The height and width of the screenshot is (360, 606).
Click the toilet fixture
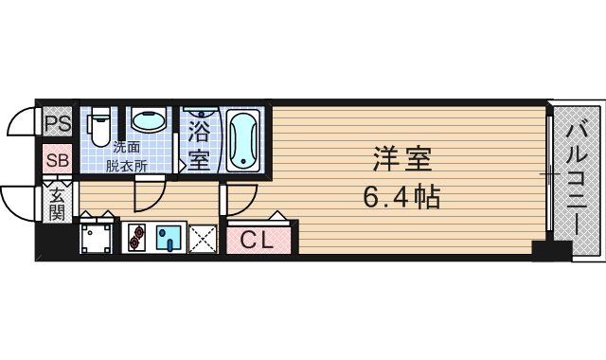coord(98,125)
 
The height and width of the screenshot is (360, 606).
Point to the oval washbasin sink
coord(147,121)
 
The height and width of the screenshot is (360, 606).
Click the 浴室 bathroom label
coord(199,143)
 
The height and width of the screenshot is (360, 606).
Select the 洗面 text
coord(127,147)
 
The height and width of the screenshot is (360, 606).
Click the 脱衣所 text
coord(127,165)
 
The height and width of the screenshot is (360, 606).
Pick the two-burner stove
coord(134,237)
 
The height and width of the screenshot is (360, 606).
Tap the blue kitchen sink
coord(170,237)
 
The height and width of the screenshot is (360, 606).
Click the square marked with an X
coord(203,238)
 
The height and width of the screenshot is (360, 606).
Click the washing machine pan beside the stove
coord(96,237)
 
